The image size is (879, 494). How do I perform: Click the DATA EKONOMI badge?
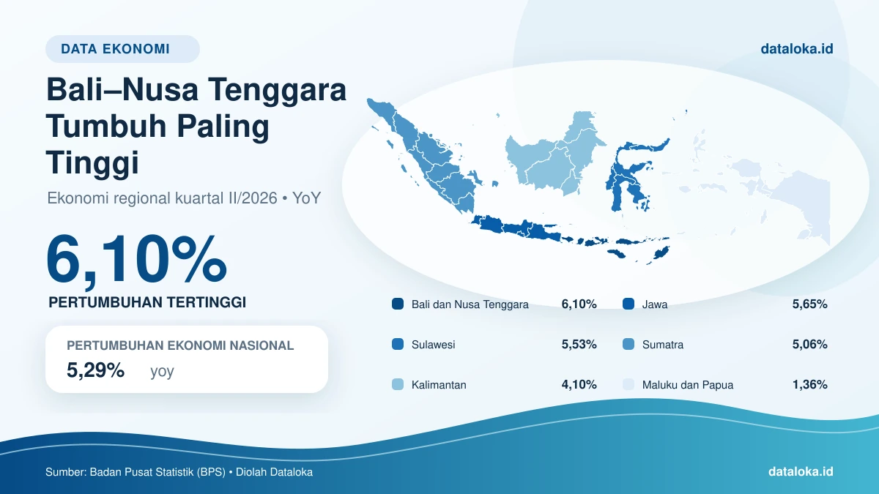coord(122,49)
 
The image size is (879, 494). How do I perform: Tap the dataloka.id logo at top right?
coord(797,48)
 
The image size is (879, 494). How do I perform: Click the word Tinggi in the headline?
coord(92,162)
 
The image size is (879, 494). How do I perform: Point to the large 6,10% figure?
coord(136,259)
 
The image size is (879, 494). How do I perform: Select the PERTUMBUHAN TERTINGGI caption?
coord(147,302)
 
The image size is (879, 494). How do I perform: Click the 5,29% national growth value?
coord(95,370)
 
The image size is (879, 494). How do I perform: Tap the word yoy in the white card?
coord(162,371)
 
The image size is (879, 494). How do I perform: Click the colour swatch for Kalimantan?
coord(398,384)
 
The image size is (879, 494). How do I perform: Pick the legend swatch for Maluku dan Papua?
coord(628,384)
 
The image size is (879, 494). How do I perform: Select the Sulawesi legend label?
coord(433,345)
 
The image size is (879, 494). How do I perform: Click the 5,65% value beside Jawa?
coord(809,304)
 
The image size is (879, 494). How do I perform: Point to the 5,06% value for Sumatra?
coord(809,344)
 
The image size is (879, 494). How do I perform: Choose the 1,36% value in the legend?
coord(809,384)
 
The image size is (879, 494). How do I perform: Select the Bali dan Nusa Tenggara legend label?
coord(470,304)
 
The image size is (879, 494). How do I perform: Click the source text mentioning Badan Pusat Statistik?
coord(179,472)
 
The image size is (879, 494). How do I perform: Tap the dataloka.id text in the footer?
coord(801,471)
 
